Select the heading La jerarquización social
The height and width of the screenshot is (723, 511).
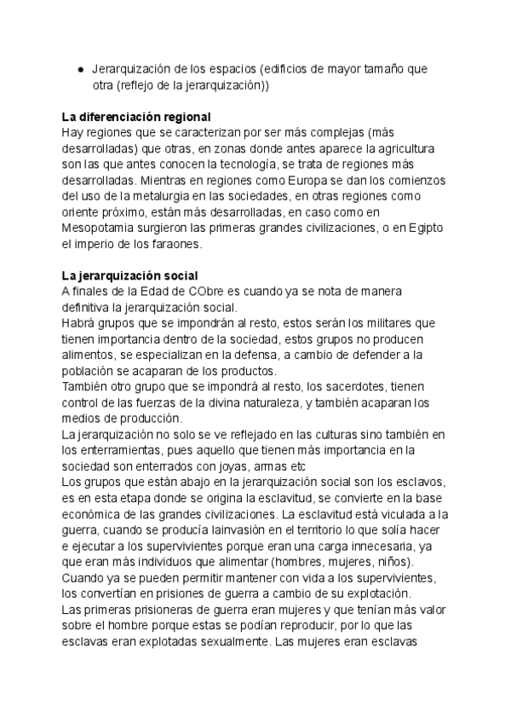pyautogui.click(x=130, y=275)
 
